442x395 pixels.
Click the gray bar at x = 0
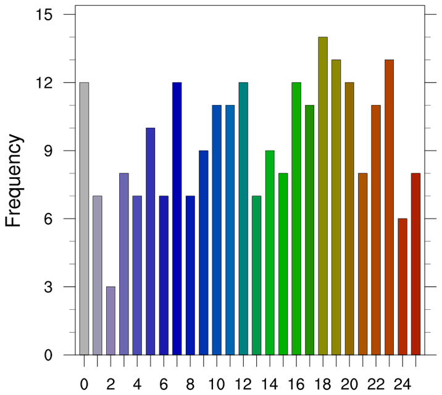84,218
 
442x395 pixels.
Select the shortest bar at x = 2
111,321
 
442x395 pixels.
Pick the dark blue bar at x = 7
177,218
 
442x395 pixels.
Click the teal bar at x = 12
243,218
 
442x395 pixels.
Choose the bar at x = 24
402,287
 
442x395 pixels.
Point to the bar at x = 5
150,241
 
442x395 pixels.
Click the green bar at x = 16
296,218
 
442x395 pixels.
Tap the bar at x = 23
390,207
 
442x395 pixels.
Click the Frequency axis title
14,182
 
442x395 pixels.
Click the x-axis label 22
376,384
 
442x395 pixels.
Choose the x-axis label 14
270,384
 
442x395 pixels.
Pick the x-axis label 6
164,384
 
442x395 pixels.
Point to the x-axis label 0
84,384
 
